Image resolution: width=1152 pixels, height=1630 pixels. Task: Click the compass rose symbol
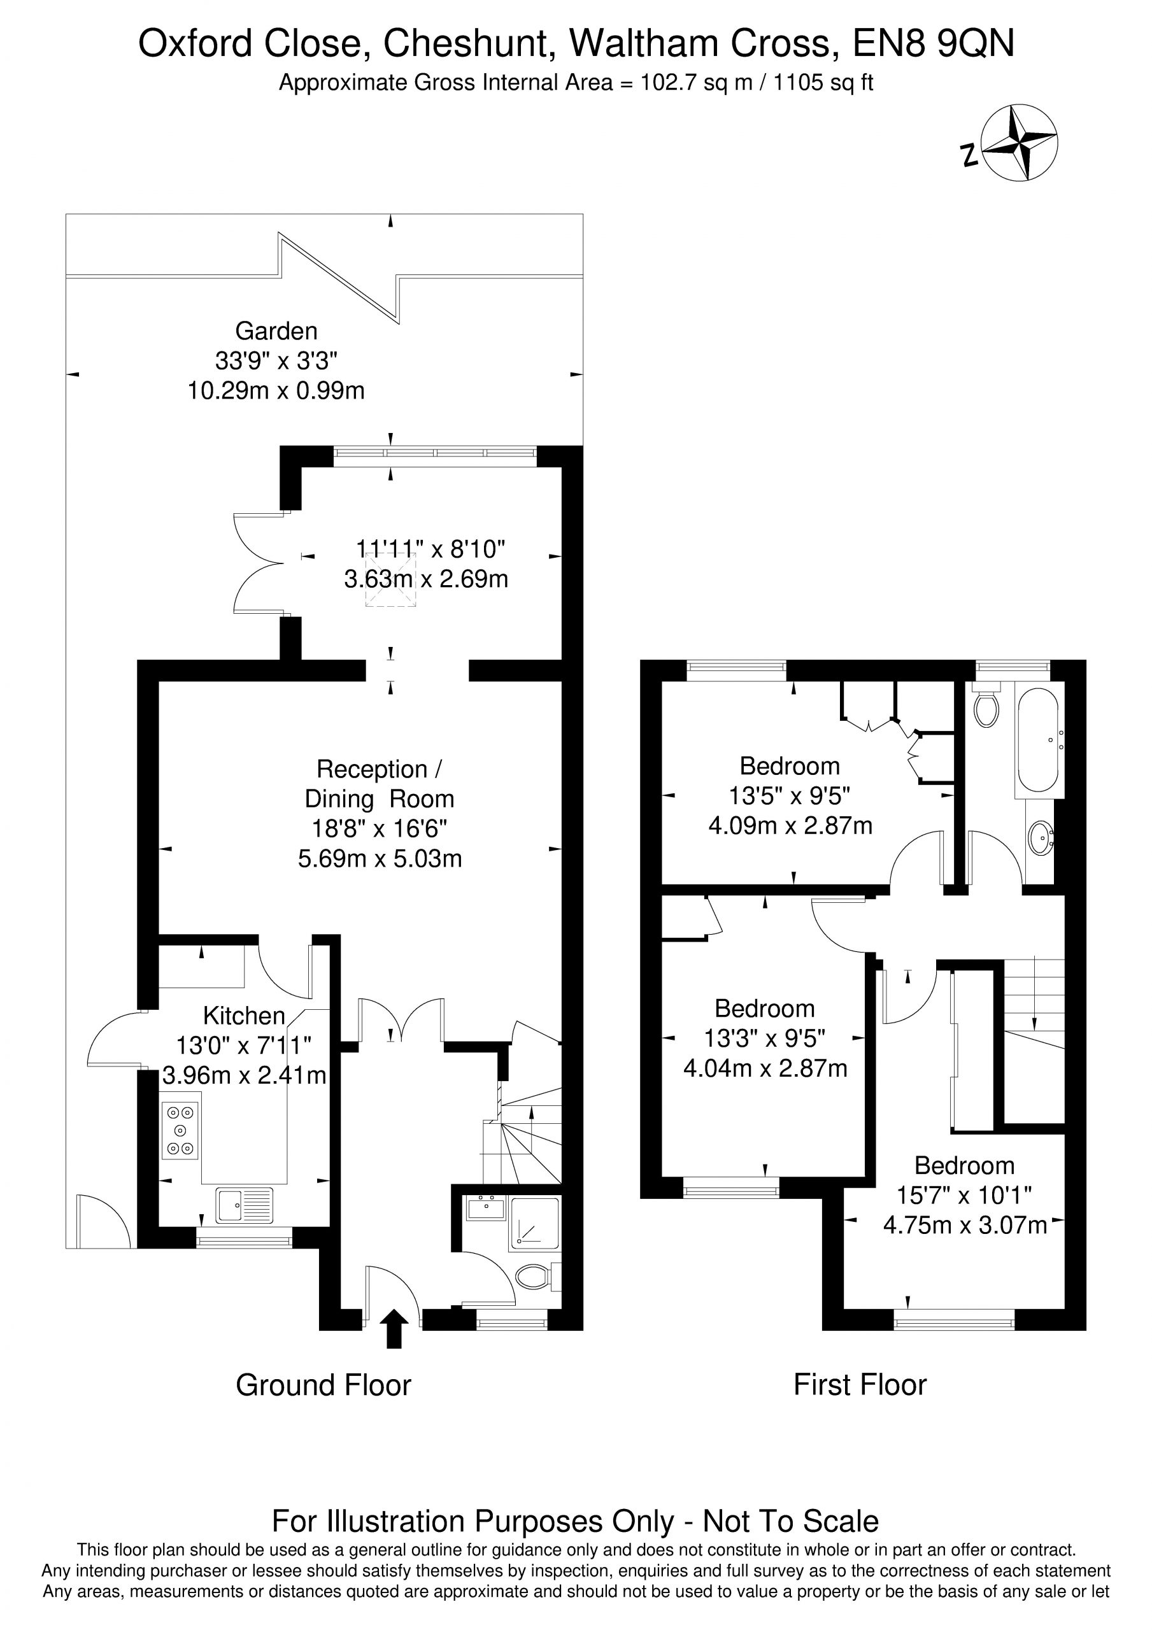pyautogui.click(x=1019, y=142)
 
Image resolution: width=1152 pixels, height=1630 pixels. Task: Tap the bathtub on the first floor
pyautogui.click(x=1039, y=741)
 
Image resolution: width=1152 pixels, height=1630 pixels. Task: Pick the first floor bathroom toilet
pyautogui.click(x=986, y=705)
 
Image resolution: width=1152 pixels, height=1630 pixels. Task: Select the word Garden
pyautogui.click(x=276, y=331)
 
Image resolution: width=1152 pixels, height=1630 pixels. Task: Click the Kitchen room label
pyautogui.click(x=245, y=1016)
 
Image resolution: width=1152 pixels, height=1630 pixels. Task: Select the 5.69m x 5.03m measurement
pyautogui.click(x=380, y=858)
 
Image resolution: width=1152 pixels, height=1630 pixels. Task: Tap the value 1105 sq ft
pyautogui.click(x=823, y=83)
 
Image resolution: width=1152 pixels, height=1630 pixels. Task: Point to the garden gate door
pyautogui.click(x=104, y=1221)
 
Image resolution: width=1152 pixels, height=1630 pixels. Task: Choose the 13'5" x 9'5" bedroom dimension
pyautogui.click(x=790, y=796)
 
